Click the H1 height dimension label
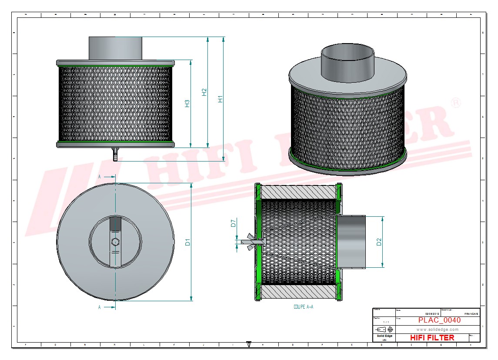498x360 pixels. (221, 99)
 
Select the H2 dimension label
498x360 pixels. (204, 92)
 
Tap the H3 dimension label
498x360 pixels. (187, 104)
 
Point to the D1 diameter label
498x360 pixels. (188, 242)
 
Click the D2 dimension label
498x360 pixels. (379, 242)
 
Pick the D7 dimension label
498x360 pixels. (234, 224)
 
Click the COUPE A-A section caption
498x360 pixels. (303, 307)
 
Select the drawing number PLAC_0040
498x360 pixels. (439, 320)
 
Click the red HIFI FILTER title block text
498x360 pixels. (432, 337)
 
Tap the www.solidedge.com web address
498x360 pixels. (437, 330)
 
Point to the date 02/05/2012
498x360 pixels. (432, 314)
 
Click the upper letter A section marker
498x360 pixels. (100, 177)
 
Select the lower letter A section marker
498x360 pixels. (100, 307)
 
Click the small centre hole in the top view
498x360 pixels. (115, 242)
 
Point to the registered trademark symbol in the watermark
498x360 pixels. (456, 103)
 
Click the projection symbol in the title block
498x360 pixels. (384, 330)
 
